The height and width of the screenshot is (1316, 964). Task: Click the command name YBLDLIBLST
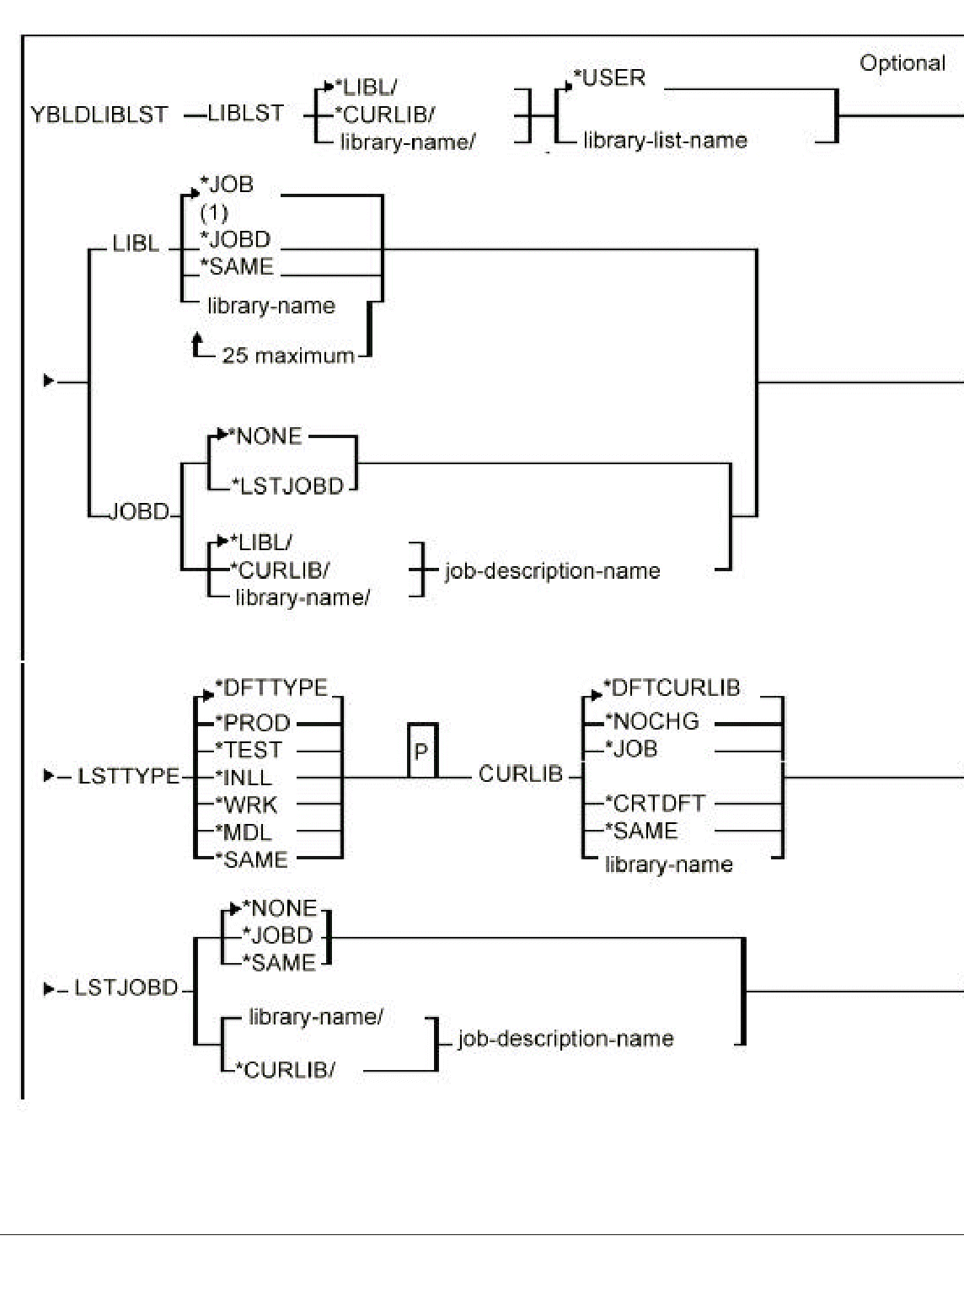pos(99,115)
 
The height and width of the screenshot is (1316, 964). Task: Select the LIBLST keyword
pos(245,114)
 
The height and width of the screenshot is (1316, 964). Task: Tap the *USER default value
pos(610,78)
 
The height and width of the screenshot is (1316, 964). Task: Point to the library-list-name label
pos(665,141)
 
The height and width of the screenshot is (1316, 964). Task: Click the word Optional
pos(902,63)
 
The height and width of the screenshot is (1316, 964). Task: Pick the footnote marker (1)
pos(214,212)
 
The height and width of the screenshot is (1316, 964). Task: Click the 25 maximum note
pos(287,356)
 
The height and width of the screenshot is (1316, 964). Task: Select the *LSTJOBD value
pos(288,487)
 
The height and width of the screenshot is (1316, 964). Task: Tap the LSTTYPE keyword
pos(128,776)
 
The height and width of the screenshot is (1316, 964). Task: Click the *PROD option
pos(253,723)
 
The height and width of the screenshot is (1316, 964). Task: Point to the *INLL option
pos(244,778)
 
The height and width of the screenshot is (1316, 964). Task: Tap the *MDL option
pos(244,832)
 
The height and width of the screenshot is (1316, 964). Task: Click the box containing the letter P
pos(422,750)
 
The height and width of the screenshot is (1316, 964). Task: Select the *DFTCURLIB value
pos(672,688)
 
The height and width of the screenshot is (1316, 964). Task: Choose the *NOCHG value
pos(652,721)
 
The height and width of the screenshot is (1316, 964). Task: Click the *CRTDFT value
pos(655,804)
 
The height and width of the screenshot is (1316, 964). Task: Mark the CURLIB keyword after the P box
pos(520,774)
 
